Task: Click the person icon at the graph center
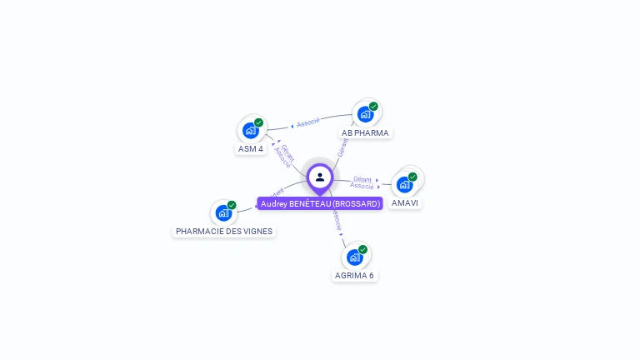(x=320, y=177)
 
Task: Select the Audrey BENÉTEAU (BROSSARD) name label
(x=320, y=203)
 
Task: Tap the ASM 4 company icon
(x=251, y=130)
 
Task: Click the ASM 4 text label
(x=251, y=149)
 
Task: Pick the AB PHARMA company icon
(x=365, y=114)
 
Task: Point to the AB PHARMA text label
(x=365, y=132)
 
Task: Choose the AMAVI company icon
(x=405, y=184)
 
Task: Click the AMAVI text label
(x=405, y=203)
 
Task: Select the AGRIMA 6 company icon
(x=354, y=257)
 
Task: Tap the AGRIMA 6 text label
(x=354, y=275)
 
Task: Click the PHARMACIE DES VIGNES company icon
(x=223, y=212)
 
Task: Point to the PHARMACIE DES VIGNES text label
(x=223, y=231)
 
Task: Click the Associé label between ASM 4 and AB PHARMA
(x=308, y=122)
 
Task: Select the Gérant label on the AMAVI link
(x=362, y=179)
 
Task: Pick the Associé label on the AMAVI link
(x=362, y=186)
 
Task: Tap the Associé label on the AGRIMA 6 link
(x=337, y=220)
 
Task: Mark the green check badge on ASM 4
(x=259, y=122)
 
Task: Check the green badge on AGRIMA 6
(x=362, y=249)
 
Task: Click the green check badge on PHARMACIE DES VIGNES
(x=232, y=205)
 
